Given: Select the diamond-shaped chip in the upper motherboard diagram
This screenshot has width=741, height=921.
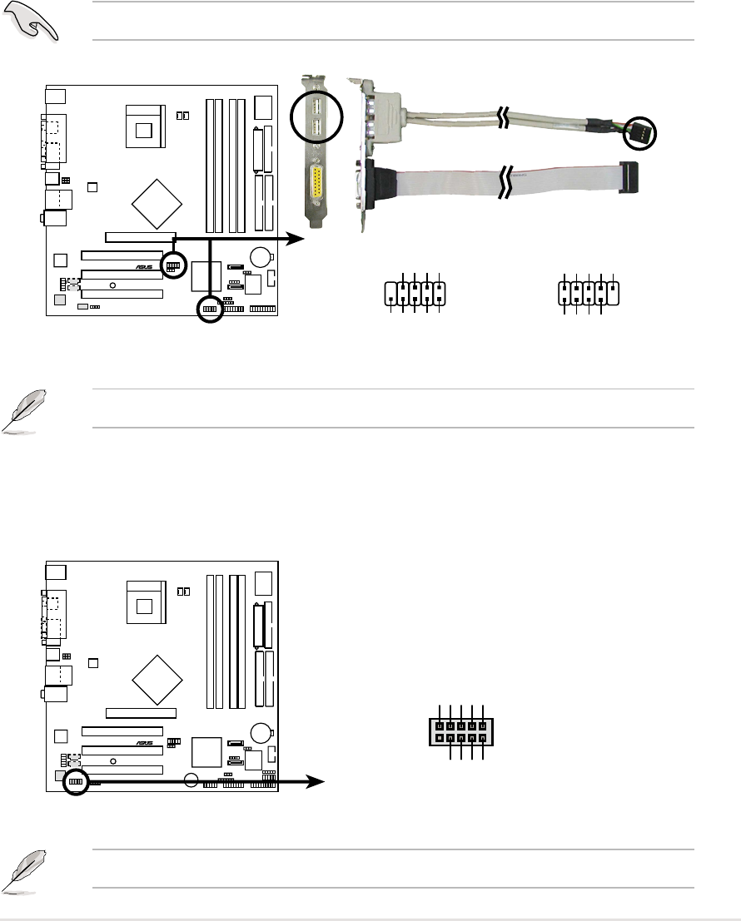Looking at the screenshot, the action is click(159, 201).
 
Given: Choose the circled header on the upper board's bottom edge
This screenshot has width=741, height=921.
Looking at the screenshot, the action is click(210, 309).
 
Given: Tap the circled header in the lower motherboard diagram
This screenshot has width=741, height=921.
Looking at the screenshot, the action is click(76, 782).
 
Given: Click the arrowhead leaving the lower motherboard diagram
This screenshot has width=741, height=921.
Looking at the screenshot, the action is click(316, 782).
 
